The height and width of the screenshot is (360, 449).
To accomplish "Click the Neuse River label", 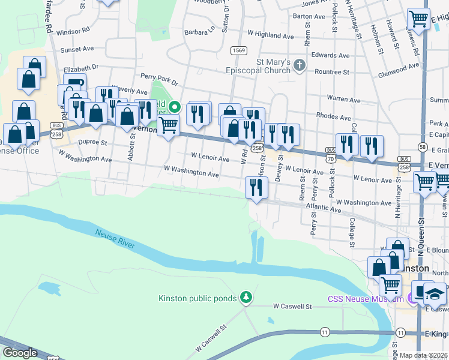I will click(114, 238).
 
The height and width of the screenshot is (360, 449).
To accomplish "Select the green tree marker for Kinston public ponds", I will click(245, 297).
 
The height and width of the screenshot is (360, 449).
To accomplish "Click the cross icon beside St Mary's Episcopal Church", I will click(299, 64).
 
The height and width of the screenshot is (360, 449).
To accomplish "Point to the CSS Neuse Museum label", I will click(365, 299).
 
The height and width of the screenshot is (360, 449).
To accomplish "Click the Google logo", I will click(20, 353).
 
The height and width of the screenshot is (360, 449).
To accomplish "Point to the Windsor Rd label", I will click(73, 29).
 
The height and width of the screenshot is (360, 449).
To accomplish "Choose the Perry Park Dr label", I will click(159, 79).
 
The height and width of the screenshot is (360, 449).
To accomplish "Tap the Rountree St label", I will click(333, 72).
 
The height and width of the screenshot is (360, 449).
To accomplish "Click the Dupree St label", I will click(92, 143).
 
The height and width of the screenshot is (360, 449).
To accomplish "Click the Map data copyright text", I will click(423, 355).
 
